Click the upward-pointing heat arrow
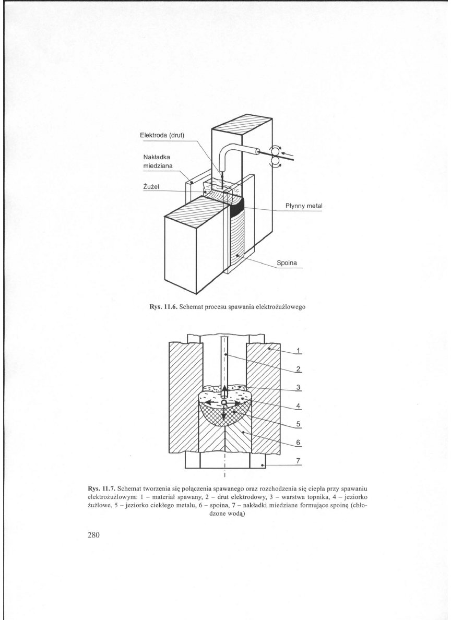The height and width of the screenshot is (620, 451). (224, 390)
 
